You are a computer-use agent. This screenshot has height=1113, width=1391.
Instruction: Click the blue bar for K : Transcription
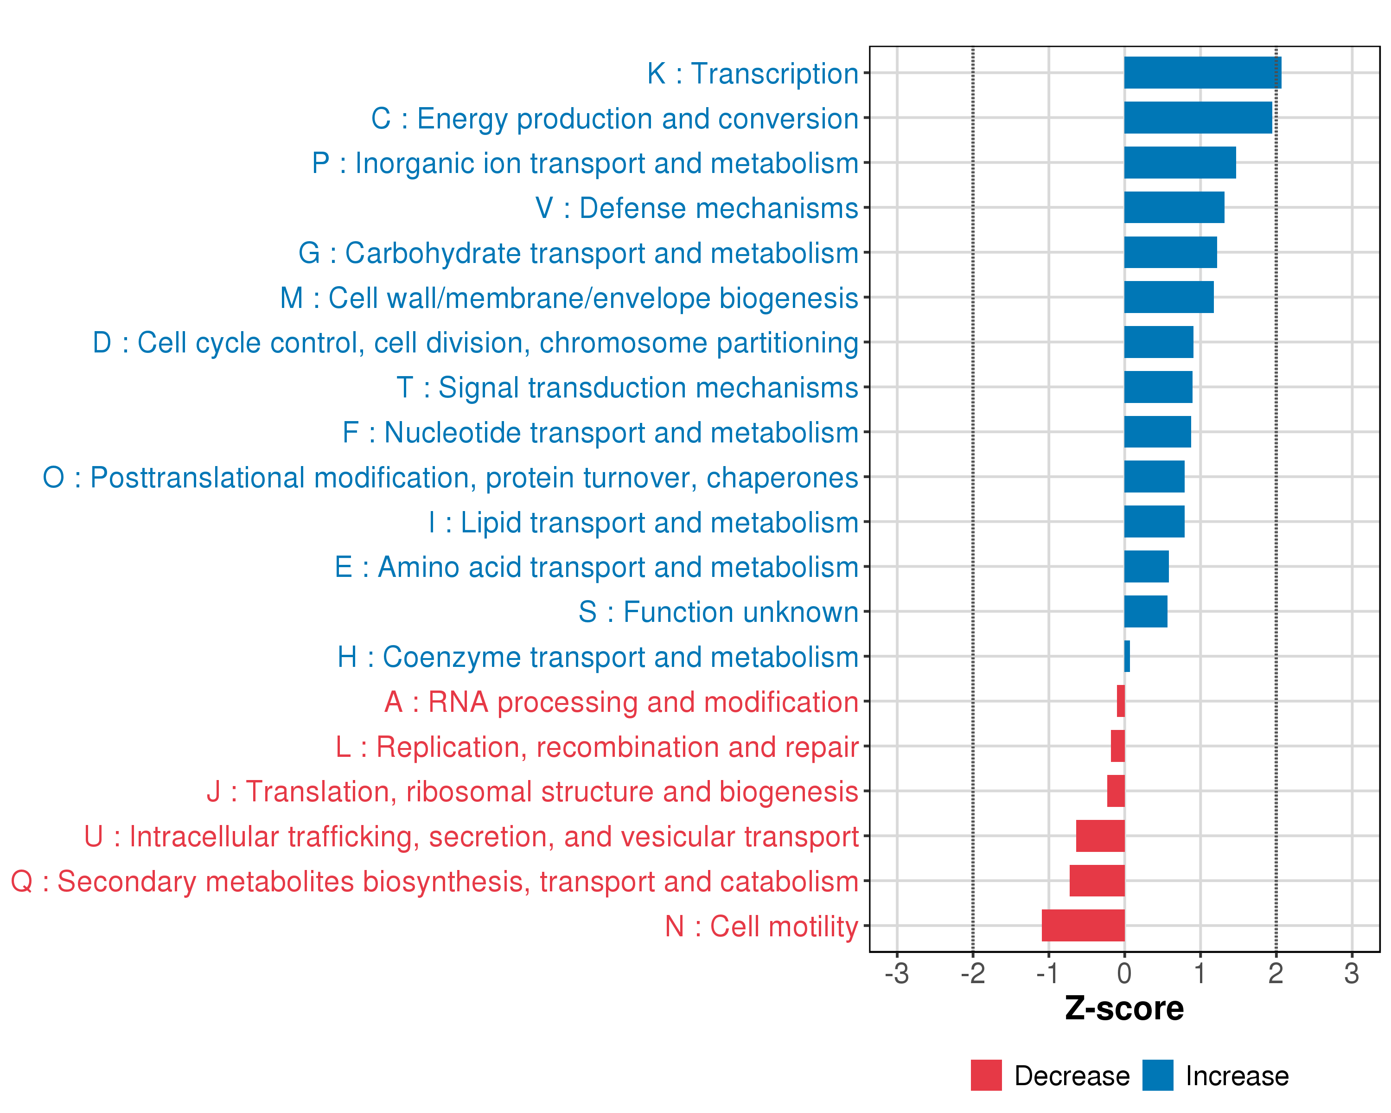[1202, 73]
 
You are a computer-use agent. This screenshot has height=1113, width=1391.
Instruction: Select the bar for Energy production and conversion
[1198, 117]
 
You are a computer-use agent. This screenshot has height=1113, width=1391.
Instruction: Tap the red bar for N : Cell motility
[1083, 925]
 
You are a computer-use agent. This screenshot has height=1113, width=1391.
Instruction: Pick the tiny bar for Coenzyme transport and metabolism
[1127, 656]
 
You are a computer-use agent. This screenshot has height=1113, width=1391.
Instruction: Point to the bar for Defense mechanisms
[1174, 207]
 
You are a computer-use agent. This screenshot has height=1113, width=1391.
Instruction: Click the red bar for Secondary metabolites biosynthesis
[1097, 880]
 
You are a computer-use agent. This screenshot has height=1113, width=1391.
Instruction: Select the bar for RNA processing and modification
[1121, 701]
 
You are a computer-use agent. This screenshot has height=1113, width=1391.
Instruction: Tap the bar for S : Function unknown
[1145, 611]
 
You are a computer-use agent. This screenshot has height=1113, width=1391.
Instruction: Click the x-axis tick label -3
[896, 973]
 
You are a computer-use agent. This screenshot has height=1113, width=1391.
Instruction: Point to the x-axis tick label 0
[1124, 973]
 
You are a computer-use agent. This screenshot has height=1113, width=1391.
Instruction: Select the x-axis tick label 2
[1276, 973]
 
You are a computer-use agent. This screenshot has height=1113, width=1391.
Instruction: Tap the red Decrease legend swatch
[986, 1075]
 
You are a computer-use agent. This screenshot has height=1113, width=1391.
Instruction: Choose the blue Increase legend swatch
[1157, 1075]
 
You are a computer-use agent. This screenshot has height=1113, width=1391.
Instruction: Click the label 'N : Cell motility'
[761, 926]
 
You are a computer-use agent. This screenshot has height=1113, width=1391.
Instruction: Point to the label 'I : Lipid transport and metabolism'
[643, 522]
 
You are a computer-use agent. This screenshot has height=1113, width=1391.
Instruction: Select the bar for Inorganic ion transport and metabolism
[1180, 163]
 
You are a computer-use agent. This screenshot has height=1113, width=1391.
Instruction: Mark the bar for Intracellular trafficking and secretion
[1100, 836]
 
